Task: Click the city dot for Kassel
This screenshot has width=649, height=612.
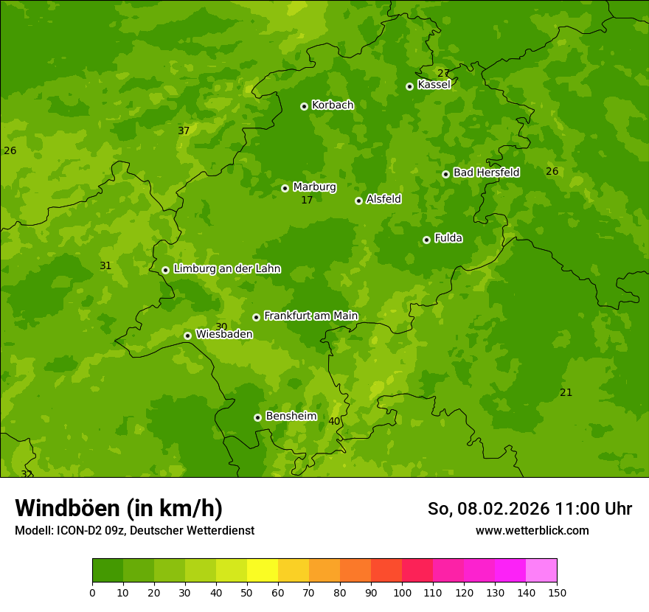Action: coord(409,86)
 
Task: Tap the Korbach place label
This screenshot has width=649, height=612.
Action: coord(333,105)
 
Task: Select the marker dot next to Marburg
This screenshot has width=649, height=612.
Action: coord(285,188)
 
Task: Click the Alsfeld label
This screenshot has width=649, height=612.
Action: coord(383,199)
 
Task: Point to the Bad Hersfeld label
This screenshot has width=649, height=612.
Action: coord(486,173)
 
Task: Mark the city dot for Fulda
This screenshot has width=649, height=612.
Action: coord(426,240)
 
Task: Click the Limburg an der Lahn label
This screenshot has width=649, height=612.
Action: coord(226,269)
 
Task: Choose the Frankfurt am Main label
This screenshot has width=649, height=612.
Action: coord(310,316)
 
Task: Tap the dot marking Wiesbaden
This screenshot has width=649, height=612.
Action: coord(187,335)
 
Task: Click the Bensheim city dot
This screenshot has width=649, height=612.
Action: coord(257,417)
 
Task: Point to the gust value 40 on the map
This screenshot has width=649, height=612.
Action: coord(334,422)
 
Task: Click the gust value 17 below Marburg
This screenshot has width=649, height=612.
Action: coord(307,201)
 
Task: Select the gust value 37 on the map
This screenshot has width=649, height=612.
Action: coord(184,131)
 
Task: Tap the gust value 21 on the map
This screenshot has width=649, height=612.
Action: coord(566,393)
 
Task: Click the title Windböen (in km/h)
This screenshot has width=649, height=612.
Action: coord(119,508)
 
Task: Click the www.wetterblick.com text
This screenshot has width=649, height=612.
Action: coord(532,530)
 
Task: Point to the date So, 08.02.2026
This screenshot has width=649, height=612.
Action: coord(489,509)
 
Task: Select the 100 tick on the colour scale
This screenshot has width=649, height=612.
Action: coord(402,592)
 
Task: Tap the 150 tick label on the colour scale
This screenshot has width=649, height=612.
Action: coord(557,592)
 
